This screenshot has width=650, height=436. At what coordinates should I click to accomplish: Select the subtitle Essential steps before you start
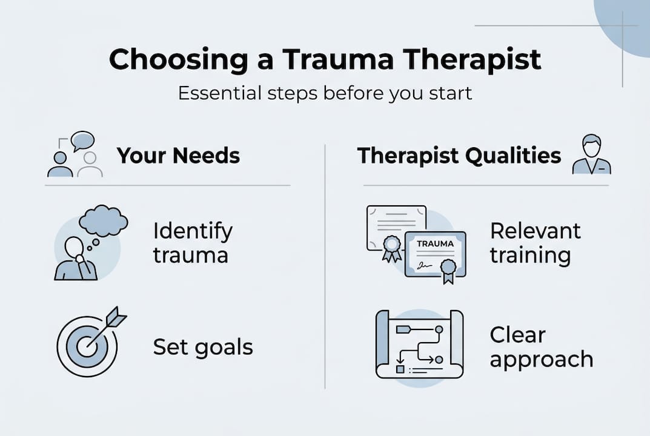tap(325, 94)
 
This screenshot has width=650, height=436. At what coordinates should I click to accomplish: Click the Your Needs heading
tap(178, 156)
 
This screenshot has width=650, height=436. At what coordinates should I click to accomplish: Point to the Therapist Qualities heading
tap(459, 156)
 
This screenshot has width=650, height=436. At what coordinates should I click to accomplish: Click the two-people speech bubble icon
tap(75, 155)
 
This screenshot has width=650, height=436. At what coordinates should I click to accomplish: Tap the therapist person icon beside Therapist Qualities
tap(591, 156)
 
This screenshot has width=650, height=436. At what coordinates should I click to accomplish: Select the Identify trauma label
tap(192, 243)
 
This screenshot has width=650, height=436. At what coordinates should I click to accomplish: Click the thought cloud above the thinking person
tap(104, 222)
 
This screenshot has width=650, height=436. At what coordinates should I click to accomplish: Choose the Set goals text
tap(202, 348)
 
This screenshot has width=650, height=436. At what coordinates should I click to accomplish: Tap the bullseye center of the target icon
tap(87, 347)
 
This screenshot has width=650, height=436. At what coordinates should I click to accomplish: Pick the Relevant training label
tap(535, 243)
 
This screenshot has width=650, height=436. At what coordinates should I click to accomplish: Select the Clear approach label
tap(541, 347)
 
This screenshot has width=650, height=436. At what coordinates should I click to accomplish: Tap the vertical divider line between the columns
tap(325, 266)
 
